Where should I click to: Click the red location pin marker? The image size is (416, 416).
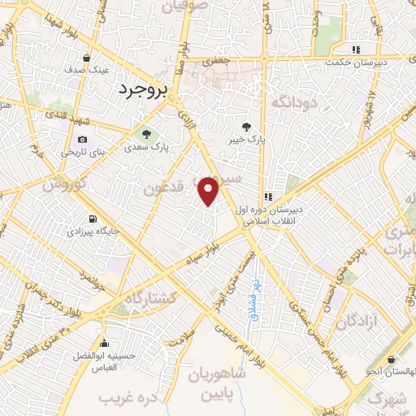coord(209,191)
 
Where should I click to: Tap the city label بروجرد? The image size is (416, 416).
coord(142,89)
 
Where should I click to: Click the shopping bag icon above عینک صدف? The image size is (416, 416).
coord(87,58)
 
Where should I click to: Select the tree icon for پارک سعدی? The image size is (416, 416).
coord(146,134)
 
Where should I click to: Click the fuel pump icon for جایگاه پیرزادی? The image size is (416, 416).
coord(92,219)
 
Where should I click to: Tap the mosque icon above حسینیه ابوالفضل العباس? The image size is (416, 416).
coord(103,341)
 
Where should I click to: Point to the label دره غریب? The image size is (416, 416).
coord(127,399)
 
